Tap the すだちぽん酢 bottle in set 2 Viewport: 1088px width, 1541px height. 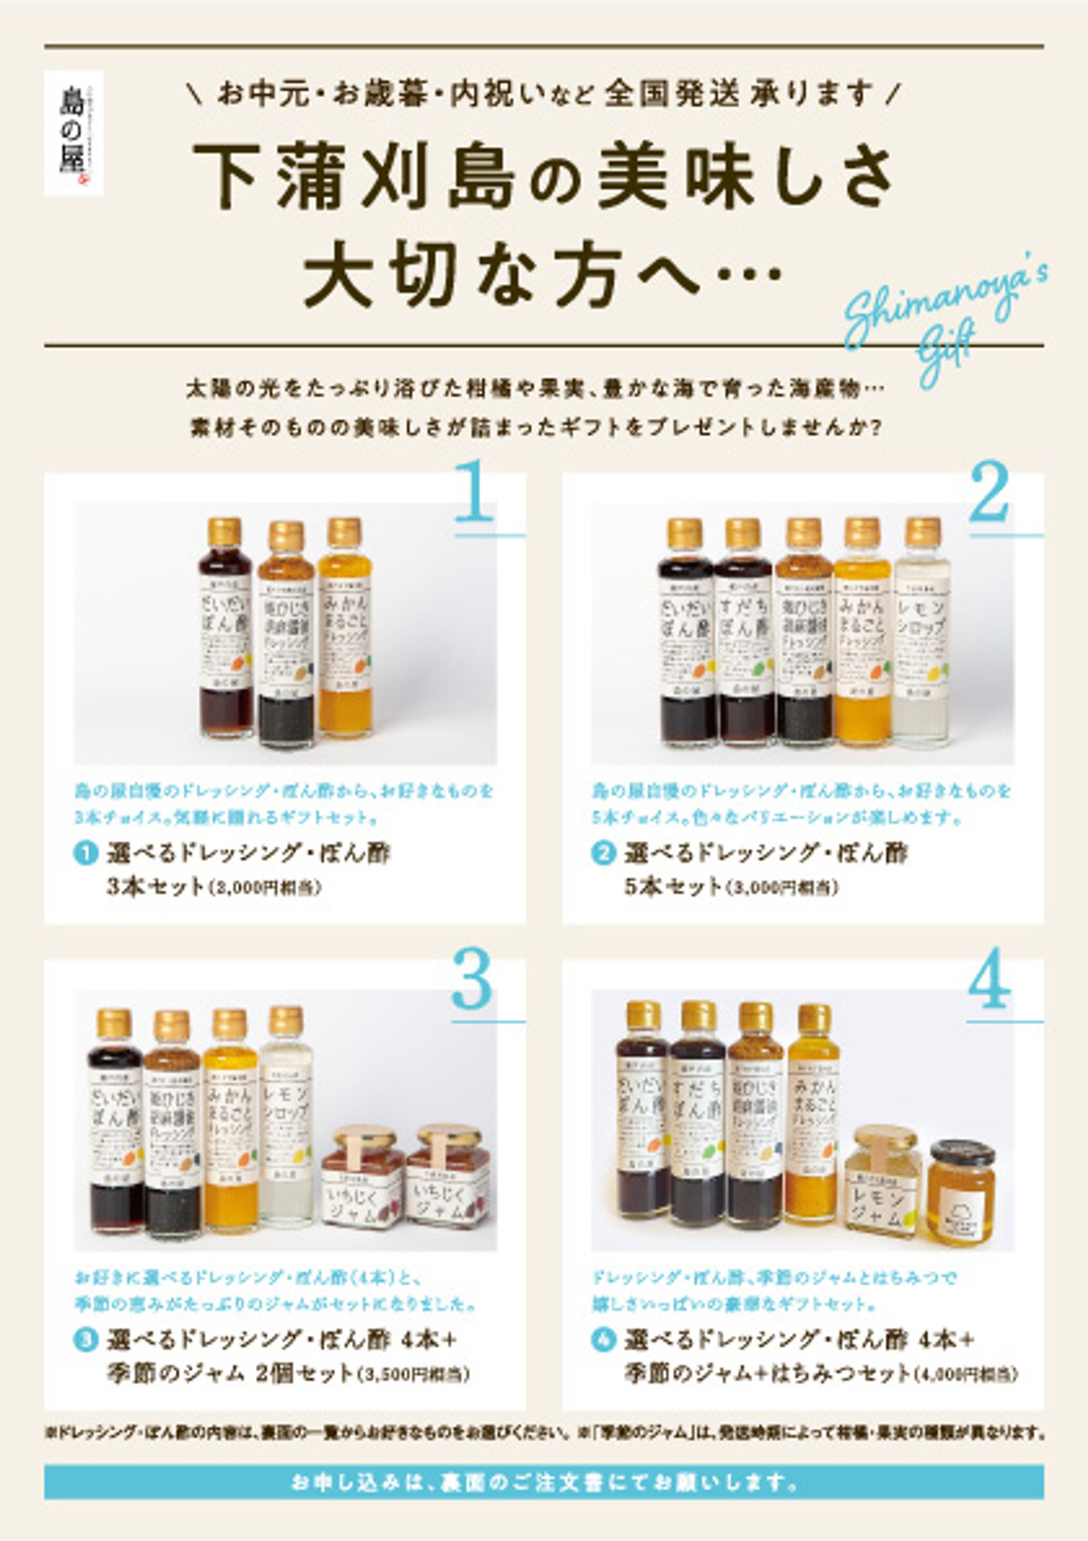click(742, 634)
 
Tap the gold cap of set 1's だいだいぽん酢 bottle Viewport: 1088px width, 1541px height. click(224, 531)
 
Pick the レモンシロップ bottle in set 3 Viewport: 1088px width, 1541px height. click(286, 1118)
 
